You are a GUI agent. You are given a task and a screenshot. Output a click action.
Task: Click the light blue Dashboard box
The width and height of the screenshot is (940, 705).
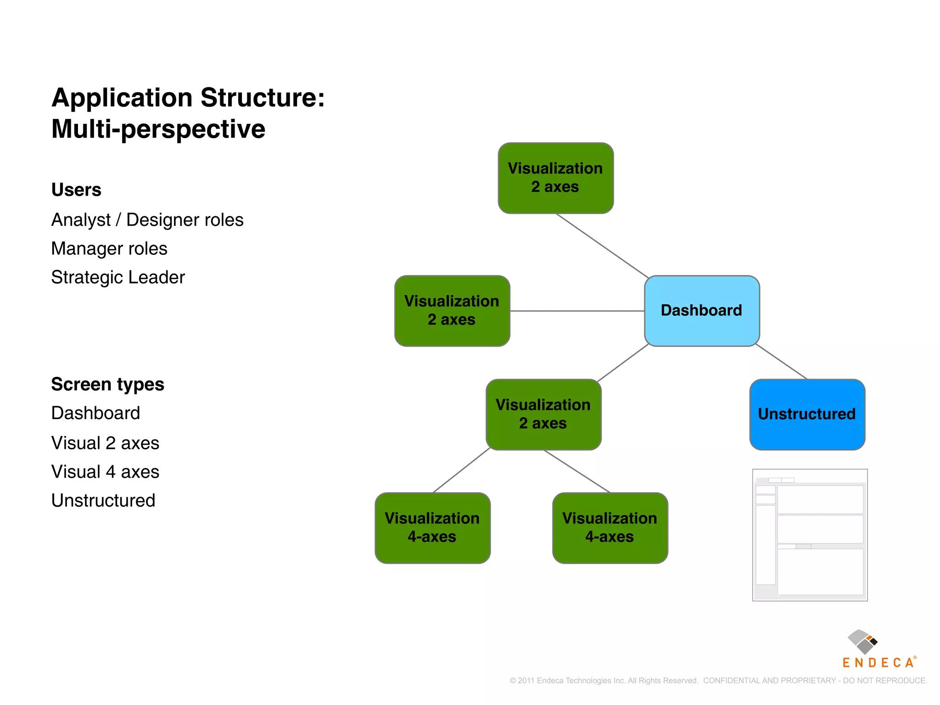pos(701,311)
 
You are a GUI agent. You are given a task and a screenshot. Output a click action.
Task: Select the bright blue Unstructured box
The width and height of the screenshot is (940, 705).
pos(807,414)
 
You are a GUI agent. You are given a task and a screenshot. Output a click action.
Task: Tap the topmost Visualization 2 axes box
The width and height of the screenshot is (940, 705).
pos(555,178)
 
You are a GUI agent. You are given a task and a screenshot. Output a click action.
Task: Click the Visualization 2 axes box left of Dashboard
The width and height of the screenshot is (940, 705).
pos(452,311)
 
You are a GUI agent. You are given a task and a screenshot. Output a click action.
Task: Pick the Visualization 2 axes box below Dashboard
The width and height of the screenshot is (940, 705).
pos(543,414)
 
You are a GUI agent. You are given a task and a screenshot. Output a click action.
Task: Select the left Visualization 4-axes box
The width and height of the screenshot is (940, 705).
pos(432,528)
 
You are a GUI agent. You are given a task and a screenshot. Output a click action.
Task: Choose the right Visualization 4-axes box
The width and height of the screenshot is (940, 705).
pos(610,528)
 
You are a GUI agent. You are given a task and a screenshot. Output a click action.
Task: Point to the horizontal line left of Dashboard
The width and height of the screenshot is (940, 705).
pos(577,311)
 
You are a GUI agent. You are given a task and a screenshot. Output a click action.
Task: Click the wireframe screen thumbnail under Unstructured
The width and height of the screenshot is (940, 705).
pos(810,535)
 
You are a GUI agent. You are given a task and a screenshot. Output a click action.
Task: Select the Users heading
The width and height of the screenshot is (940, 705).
pos(76,190)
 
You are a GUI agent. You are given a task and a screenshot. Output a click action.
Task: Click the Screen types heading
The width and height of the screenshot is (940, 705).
pos(107,384)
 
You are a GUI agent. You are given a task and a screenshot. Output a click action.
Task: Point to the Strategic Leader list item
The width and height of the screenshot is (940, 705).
pos(118,277)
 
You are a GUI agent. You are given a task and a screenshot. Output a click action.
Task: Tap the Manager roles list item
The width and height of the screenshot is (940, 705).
pos(109,249)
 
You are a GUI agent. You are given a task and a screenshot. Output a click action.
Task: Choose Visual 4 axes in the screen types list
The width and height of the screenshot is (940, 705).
pos(105,472)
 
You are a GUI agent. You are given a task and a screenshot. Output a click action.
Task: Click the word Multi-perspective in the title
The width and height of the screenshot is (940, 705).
pos(158,129)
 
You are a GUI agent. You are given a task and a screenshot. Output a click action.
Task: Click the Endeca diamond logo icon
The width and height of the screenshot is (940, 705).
pos(862,642)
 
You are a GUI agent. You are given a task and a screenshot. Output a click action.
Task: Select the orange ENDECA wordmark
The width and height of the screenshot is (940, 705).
pos(878,662)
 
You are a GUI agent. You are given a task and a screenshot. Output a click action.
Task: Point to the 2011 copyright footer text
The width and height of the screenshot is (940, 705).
pos(718,681)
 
